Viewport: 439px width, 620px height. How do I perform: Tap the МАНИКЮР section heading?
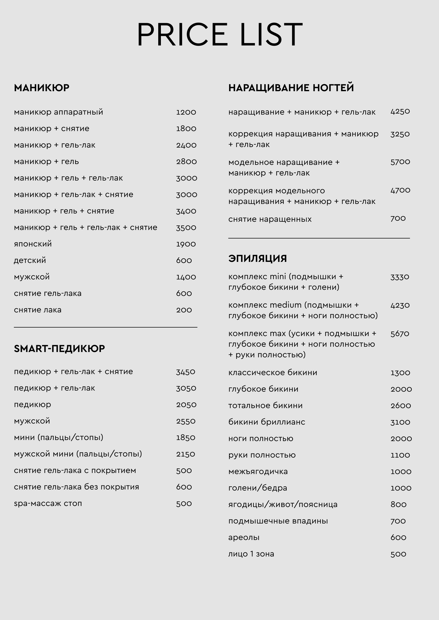click(42, 88)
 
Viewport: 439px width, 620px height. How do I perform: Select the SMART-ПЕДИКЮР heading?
click(59, 349)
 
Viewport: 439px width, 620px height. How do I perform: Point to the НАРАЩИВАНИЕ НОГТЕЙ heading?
click(291, 88)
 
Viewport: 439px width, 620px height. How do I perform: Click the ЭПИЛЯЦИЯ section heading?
click(258, 258)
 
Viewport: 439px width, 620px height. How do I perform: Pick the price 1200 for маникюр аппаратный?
click(186, 112)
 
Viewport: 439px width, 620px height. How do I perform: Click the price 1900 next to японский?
click(186, 244)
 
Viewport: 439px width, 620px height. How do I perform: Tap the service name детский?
click(30, 261)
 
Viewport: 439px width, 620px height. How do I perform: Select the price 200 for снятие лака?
click(184, 310)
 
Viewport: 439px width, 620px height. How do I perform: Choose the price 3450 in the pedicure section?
click(186, 372)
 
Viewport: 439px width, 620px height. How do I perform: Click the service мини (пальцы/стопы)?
click(59, 437)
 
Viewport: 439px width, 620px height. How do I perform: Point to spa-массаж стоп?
click(48, 503)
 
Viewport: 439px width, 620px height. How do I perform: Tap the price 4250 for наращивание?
click(400, 111)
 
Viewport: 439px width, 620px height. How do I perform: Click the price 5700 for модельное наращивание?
click(400, 162)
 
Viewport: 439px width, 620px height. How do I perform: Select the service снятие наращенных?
click(270, 219)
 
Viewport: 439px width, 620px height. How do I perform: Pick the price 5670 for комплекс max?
click(400, 334)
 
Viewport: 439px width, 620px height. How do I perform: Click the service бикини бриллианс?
click(267, 422)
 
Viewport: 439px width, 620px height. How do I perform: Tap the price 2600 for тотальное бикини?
click(401, 406)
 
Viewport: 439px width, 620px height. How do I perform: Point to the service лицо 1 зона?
click(251, 554)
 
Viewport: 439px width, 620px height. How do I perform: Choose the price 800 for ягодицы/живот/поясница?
click(399, 504)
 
